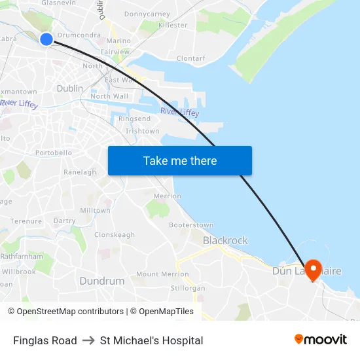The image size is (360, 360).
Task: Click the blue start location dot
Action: click(46, 39)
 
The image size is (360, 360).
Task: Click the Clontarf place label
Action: click(191, 58)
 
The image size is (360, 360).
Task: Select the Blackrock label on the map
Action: click(225, 240)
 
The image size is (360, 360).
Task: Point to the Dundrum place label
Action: click(101, 281)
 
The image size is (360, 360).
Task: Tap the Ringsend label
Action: click(134, 118)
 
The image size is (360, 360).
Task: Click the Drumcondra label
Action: click(79, 35)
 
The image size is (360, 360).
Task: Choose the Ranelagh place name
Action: click(80, 172)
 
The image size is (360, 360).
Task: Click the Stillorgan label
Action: click(188, 288)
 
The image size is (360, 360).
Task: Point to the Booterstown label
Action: click(191, 225)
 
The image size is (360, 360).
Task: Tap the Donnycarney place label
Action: click(147, 14)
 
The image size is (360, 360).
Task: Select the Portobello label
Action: click(54, 153)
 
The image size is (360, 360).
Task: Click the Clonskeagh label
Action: click(115, 234)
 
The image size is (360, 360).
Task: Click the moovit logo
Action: click(320, 340)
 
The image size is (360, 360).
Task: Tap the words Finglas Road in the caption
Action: click(45, 340)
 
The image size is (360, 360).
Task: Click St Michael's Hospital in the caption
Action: click(151, 340)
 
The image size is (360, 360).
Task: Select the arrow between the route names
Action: click(88, 340)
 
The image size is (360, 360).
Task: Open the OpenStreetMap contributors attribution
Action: click(65, 312)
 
